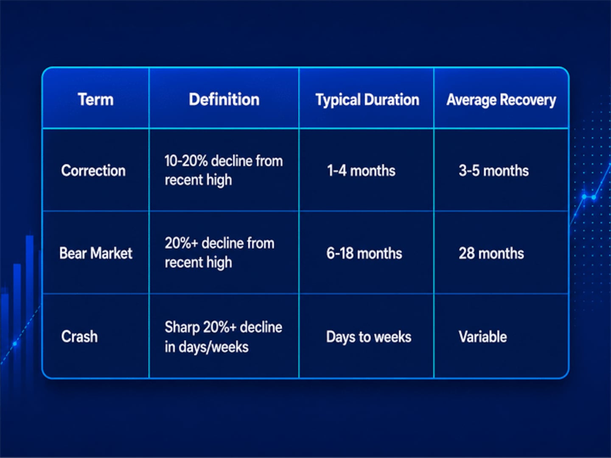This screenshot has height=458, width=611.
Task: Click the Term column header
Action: (x=96, y=99)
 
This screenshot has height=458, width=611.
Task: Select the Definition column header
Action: (x=224, y=99)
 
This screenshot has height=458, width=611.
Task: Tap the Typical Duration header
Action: (x=367, y=100)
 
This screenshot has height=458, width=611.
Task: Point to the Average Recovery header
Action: (x=501, y=100)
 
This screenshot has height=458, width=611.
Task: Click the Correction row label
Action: (x=93, y=170)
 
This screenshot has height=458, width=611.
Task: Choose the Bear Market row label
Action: (x=96, y=253)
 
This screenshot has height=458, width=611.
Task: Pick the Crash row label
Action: (x=79, y=336)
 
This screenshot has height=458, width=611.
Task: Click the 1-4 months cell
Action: (x=361, y=170)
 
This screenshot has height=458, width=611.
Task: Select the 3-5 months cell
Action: (x=493, y=170)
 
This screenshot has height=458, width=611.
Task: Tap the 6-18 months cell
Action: (x=364, y=253)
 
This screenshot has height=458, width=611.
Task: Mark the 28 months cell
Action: (x=491, y=253)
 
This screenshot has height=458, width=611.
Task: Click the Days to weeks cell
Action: (x=369, y=337)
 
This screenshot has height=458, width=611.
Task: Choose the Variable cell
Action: (x=483, y=336)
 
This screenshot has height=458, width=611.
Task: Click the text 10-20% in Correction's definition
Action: (x=186, y=161)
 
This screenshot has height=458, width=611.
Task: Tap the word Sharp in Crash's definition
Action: (x=182, y=327)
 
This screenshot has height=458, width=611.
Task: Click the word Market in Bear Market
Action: (x=111, y=253)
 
